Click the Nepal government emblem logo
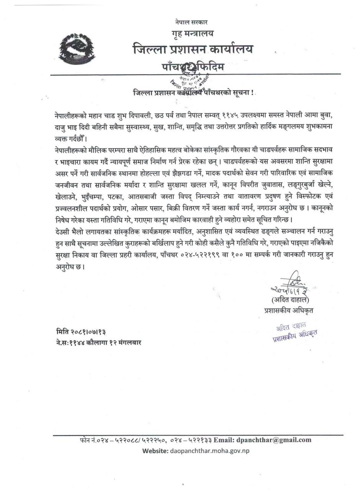pos(78,49)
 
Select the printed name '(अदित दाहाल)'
pos(290,300)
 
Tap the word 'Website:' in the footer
pos(155,451)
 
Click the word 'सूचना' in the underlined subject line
pos(240,93)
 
